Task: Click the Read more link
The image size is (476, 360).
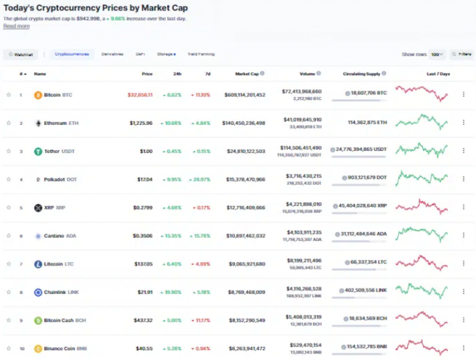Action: (x=16, y=26)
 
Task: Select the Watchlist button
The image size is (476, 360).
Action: (x=21, y=54)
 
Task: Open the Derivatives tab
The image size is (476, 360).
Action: (x=112, y=54)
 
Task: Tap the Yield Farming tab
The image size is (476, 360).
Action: (x=201, y=54)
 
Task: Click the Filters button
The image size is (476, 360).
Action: (x=462, y=54)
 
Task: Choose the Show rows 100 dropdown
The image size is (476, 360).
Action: (x=437, y=54)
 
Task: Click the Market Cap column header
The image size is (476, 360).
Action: (x=247, y=74)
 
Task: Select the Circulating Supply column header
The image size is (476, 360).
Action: (x=362, y=74)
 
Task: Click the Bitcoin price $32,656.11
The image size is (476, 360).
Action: (x=140, y=95)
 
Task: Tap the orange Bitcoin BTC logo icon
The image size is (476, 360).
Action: (x=38, y=95)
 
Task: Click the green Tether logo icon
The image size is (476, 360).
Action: (x=38, y=151)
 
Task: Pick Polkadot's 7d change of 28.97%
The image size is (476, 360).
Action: (x=200, y=179)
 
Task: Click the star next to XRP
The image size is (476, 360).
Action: (x=8, y=208)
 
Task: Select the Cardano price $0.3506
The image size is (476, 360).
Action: (x=143, y=236)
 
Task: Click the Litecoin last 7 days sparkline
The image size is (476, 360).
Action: (x=422, y=263)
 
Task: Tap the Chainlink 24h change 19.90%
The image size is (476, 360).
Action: (x=172, y=292)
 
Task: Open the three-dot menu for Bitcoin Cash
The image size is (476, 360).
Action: (x=463, y=320)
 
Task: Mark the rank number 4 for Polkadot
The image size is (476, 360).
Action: (x=20, y=179)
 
